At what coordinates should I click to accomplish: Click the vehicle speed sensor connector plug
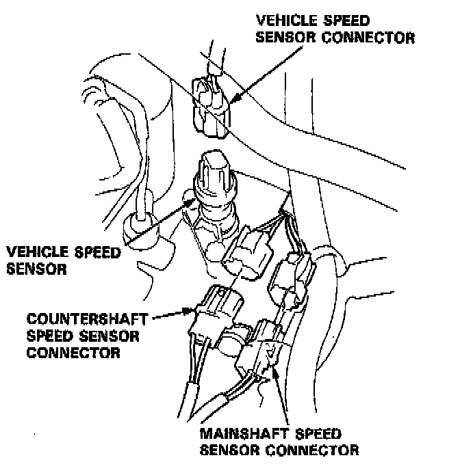[211, 103]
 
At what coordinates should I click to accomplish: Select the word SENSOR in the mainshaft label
[229, 450]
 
